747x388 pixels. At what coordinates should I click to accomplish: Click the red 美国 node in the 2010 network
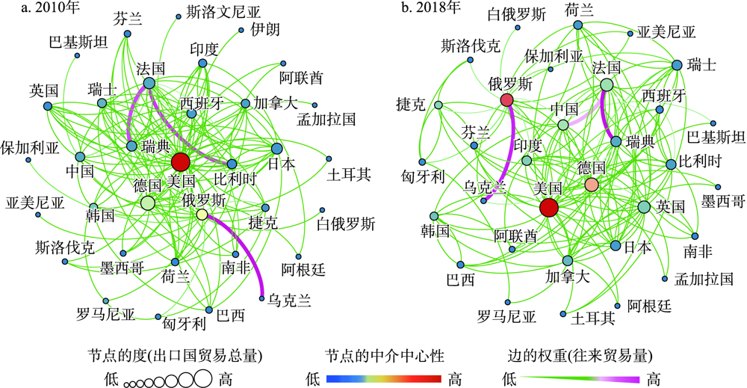point(180,162)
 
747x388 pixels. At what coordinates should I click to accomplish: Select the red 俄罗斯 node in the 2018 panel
point(507,100)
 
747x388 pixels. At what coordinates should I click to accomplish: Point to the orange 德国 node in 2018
point(591,184)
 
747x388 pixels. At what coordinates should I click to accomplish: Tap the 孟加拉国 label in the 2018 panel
point(704,280)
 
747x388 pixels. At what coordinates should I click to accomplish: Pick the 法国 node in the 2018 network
point(606,86)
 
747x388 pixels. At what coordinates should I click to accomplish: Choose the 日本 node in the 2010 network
point(276,148)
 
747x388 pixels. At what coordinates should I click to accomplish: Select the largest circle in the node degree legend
point(202,379)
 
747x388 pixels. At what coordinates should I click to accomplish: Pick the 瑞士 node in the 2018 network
point(677,66)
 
